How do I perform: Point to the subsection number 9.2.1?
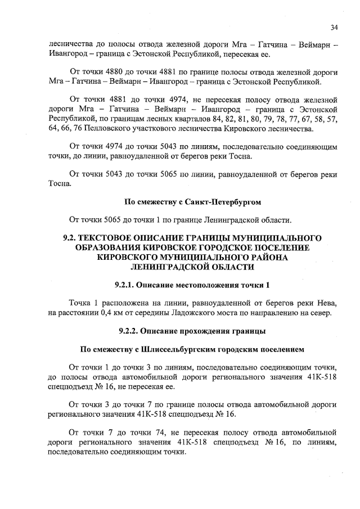pos(125,285)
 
